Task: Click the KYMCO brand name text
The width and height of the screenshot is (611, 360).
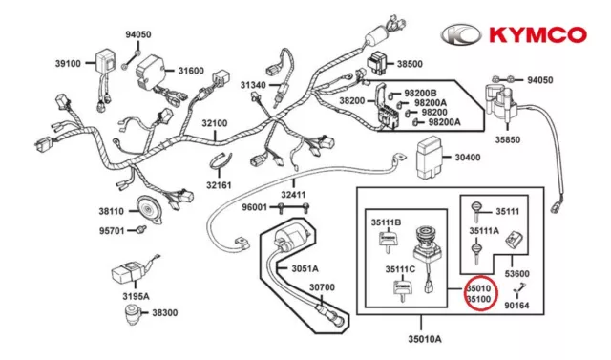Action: coord(537,34)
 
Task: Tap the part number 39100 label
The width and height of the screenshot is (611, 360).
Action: coord(68,64)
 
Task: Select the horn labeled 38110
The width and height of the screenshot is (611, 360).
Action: coord(150,210)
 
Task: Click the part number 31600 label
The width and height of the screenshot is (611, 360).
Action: coord(191,71)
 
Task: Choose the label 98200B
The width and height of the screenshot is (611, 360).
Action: coord(420,94)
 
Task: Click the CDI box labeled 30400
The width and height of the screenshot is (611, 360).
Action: coord(429,157)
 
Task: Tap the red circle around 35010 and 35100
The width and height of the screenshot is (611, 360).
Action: coord(480,293)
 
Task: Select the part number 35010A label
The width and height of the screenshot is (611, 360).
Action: coord(425,339)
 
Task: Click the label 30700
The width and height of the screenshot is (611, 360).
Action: coord(323,287)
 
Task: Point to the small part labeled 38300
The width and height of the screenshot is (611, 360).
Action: coord(133,313)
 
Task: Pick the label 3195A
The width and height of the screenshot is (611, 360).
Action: coord(136,296)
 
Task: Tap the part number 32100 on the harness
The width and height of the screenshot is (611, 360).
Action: coord(214,123)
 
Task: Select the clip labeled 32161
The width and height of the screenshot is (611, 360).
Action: coord(221,161)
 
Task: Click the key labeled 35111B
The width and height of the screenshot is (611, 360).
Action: coord(388,242)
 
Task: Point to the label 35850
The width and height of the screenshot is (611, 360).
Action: coord(508,139)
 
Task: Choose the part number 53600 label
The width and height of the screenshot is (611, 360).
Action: coord(517,273)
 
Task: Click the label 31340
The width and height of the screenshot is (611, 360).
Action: coord(253,85)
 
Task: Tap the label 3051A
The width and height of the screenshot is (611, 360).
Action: coord(305,268)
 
